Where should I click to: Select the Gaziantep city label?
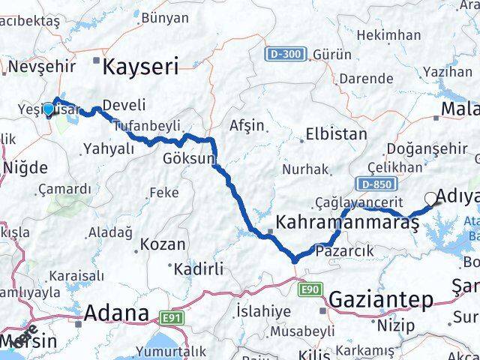pos(381,300)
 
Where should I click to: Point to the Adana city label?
pos(117,313)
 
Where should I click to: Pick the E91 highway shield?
pos(173,318)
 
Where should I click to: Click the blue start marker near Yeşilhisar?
pos(49,109)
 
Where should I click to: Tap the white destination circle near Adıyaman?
pos(430,198)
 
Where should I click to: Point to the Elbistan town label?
pos(335,135)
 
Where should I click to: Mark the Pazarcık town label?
pos(345,250)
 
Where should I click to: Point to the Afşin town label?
pos(247,125)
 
